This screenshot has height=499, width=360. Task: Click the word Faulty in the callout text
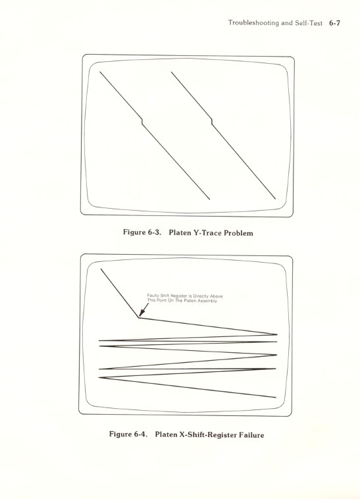click(x=154, y=296)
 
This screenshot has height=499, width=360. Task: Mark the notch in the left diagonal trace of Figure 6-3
click(x=142, y=121)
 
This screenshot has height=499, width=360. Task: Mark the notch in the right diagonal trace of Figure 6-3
click(x=211, y=121)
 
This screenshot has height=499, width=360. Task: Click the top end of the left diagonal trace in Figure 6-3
click(x=100, y=70)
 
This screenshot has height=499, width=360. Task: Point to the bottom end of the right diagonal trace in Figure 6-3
click(x=275, y=199)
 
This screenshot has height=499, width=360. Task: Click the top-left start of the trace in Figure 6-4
click(x=101, y=269)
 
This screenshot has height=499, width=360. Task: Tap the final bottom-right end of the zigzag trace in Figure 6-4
click(x=276, y=398)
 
